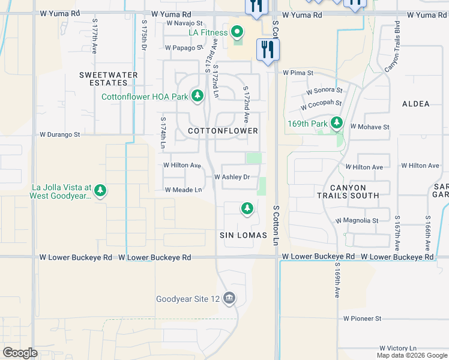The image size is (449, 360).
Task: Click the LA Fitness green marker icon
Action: [x=237, y=32]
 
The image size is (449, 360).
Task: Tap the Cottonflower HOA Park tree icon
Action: [x=197, y=96]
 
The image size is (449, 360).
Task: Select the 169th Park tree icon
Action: [x=337, y=124]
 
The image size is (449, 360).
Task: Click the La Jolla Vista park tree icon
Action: [x=100, y=191]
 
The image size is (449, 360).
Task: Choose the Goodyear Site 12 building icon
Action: [x=229, y=298]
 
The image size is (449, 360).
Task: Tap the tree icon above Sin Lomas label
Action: [x=246, y=208]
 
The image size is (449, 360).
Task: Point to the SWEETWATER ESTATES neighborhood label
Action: [x=109, y=79]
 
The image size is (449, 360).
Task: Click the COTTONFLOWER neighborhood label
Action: [x=223, y=131]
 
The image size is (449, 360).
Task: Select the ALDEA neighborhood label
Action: [x=416, y=104]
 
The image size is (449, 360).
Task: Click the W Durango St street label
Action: [x=59, y=135]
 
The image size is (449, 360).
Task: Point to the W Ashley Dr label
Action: [x=232, y=177]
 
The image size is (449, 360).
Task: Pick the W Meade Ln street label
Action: [x=183, y=190]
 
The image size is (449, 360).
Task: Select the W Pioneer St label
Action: [x=362, y=319]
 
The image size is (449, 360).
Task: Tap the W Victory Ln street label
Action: [x=398, y=348]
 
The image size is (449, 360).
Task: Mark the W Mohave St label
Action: [x=370, y=127]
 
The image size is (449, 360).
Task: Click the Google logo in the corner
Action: [x=20, y=353]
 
